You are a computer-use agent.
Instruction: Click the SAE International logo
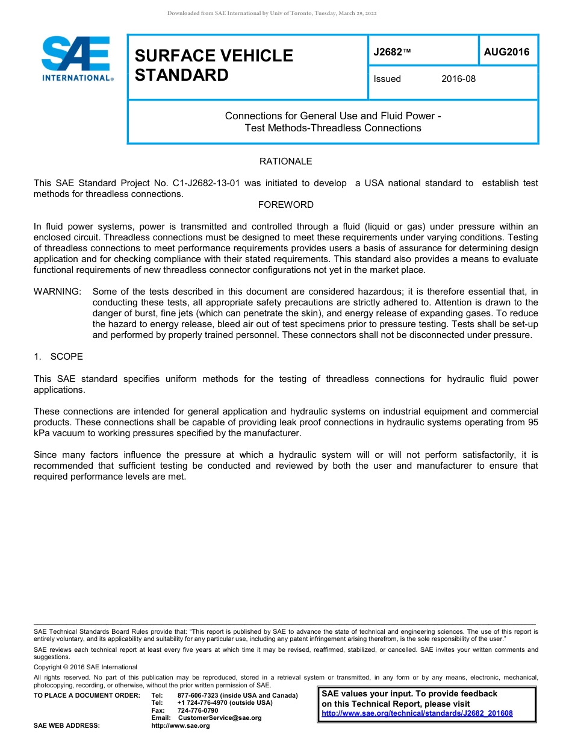point(76,59)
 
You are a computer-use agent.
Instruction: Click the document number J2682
point(388,52)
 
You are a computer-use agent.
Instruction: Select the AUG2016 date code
point(506,52)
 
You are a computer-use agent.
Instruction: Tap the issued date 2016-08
point(458,79)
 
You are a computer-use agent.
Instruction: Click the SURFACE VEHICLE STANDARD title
point(214,65)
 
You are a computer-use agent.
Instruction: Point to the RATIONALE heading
point(285,161)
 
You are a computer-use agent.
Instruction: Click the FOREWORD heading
point(285,205)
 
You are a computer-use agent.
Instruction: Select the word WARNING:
point(57,292)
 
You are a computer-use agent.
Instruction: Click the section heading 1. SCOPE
point(58,357)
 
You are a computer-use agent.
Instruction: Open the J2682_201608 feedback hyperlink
point(417,713)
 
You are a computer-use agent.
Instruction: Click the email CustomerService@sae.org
point(220,718)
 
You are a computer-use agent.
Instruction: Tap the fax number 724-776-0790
point(197,710)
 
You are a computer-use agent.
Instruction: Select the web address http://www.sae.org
point(180,726)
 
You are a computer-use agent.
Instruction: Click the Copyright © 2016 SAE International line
point(85,667)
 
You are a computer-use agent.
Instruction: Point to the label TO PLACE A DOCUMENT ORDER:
point(87,695)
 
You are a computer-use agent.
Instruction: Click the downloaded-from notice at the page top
point(272,13)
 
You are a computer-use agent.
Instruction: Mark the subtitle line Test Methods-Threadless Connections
point(333,128)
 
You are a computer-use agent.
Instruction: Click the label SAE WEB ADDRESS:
point(67,726)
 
